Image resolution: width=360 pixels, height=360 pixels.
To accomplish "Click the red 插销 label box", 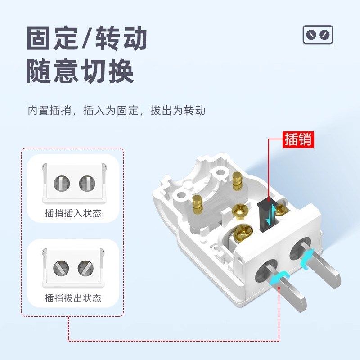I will (x=297, y=139).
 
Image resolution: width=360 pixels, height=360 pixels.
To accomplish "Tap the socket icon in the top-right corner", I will (x=318, y=35).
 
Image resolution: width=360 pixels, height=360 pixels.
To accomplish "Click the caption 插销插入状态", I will (x=73, y=213).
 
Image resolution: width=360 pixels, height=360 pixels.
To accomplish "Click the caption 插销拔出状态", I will (x=73, y=298).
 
